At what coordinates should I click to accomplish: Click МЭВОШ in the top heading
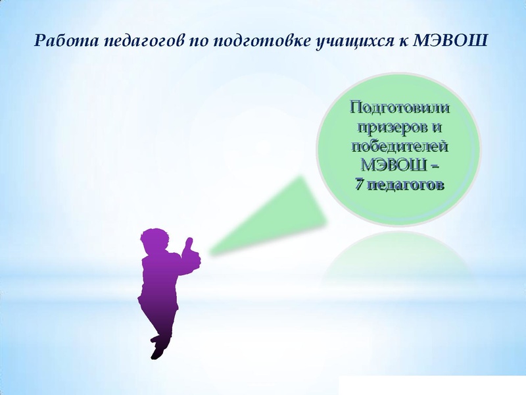click(450, 41)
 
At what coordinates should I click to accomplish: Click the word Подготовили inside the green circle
click(399, 107)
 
